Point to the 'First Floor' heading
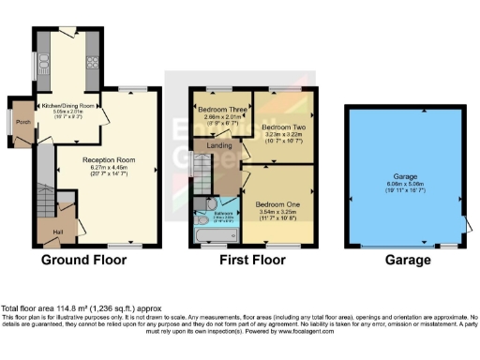(246, 260)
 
